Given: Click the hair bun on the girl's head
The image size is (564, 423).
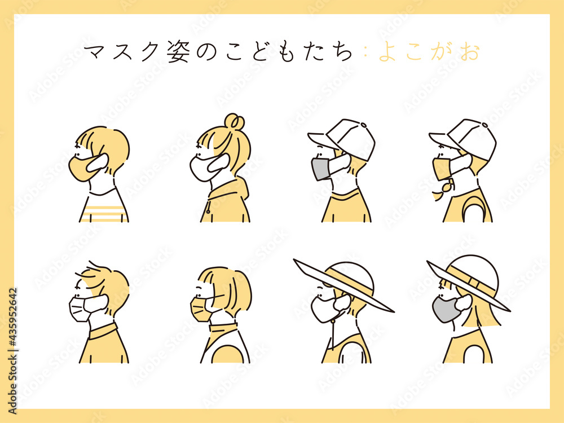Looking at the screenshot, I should pyautogui.click(x=234, y=121).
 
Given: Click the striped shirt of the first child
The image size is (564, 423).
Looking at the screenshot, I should pyautogui.click(x=104, y=209).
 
